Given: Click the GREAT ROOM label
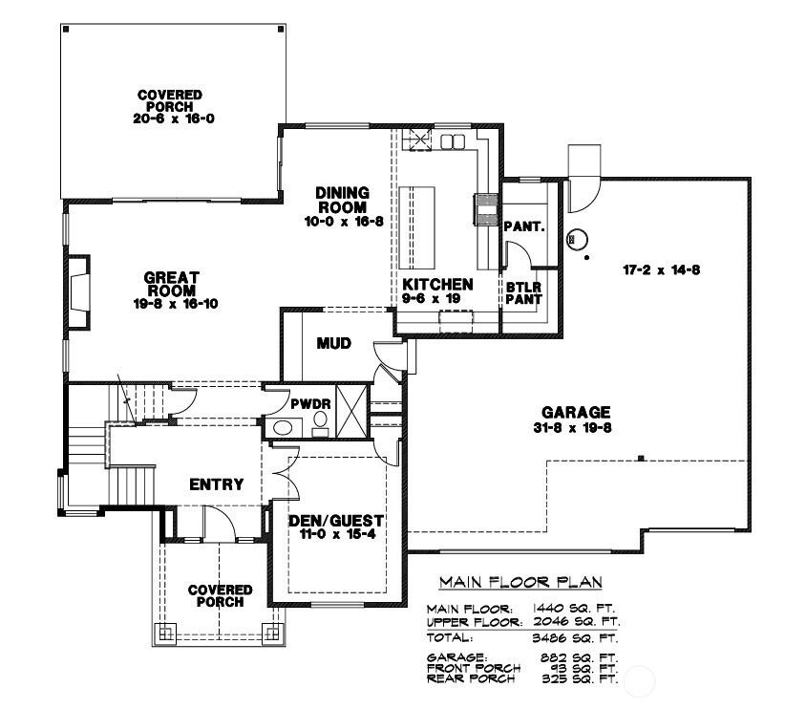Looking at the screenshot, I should pos(171,284).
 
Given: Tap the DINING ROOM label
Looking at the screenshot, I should pos(342,200).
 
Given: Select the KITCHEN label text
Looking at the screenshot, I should pos(437,285).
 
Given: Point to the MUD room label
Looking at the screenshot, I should pos(333,343).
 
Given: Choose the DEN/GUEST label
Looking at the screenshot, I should pos(335,521).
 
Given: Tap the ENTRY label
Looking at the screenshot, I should pos(217,484).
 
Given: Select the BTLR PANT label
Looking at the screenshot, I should pos(523,292).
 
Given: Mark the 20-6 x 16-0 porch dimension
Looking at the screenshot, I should pos(170,118).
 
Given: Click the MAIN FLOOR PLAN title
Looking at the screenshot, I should pos(520,582).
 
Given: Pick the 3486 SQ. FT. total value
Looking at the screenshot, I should pos(575,636).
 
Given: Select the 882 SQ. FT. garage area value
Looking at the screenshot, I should pos(580,657).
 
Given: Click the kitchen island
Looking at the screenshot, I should pos(419,227).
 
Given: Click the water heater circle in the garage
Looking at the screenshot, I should pos(576,240).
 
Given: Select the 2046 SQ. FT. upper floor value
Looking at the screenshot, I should pos(575,621).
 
